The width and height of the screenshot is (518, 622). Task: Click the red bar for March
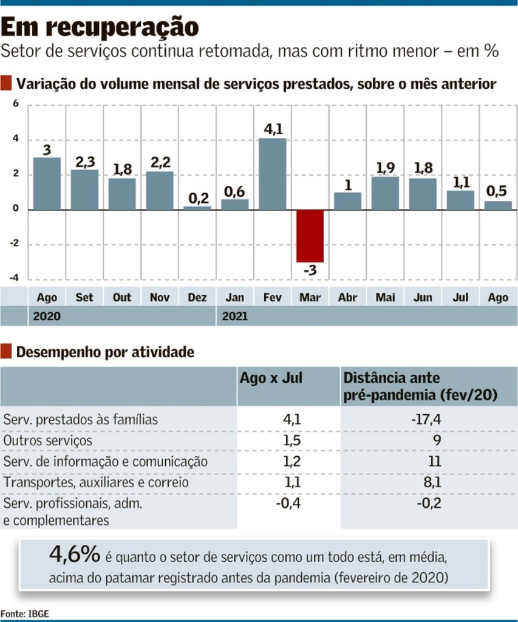coord(310,236)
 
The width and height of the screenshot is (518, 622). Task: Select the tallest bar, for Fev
coord(273,174)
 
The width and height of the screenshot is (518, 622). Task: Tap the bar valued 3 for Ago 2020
coord(47,183)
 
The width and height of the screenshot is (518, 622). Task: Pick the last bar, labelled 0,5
coord(498,205)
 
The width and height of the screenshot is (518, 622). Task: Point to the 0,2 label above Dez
coord(197,197)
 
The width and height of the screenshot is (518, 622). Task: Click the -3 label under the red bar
coord(310,270)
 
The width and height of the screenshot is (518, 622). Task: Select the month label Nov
coord(160,298)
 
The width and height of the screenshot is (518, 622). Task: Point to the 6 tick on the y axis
coord(16,104)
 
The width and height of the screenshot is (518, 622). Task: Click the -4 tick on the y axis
coord(15,278)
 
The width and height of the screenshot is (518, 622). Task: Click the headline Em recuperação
coord(100,27)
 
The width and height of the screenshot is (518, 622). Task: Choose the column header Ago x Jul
coord(271,378)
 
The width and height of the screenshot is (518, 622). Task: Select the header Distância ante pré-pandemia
coord(420,387)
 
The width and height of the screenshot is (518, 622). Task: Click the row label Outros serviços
coord(48,440)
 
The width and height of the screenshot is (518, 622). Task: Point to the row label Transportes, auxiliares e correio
coord(96,482)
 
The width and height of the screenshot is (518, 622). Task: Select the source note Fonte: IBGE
coord(25,613)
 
